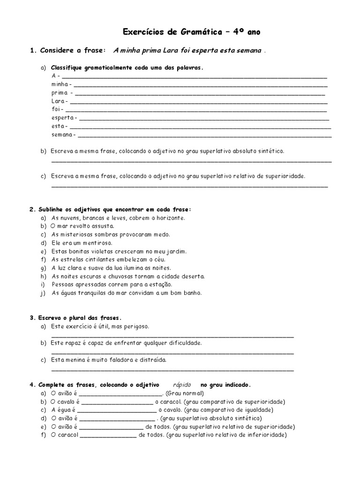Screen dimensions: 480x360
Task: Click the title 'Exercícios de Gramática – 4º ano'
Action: point(191,32)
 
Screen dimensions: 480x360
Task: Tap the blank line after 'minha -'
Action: point(201,86)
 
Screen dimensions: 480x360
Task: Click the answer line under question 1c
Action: point(189,187)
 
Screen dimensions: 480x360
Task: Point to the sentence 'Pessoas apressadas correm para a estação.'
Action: point(112,285)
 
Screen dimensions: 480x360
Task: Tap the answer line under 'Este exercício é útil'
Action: point(172,336)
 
